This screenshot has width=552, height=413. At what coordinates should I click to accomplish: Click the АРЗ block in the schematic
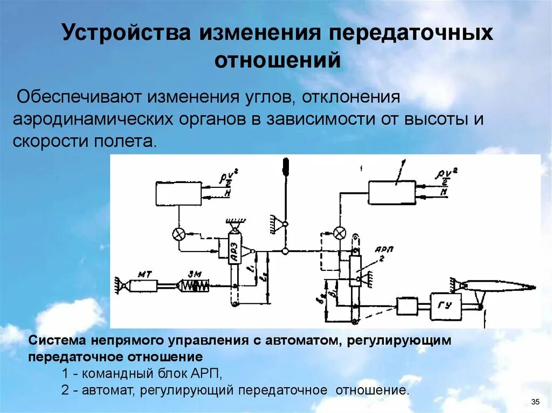234,249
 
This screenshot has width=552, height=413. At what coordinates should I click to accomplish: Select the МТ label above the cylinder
145,274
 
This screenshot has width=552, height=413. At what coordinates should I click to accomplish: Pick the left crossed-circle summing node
177,234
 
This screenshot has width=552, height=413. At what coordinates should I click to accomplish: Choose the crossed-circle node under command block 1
340,233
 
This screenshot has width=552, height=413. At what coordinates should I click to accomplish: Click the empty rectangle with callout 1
392,192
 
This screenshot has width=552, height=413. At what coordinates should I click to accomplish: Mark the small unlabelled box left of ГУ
407,306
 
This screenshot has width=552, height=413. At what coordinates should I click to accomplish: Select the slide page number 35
535,402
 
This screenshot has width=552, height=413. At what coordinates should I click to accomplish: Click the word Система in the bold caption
56,341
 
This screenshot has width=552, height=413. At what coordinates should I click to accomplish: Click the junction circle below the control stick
285,251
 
